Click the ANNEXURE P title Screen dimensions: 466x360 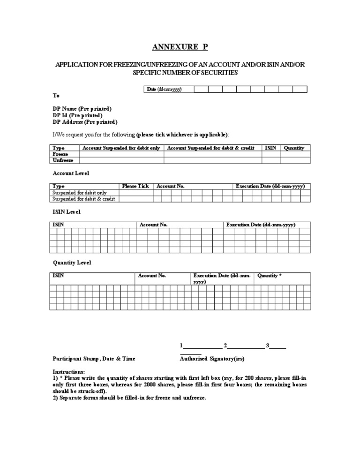(180, 47)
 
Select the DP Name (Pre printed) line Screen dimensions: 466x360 (82, 109)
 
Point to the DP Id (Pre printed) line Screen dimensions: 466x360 (77, 115)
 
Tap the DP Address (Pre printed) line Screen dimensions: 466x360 (85, 122)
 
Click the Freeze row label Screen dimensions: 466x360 (61, 154)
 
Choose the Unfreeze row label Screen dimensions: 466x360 (63, 160)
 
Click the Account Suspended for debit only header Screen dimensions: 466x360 (121, 148)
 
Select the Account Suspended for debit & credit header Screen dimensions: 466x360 (210, 148)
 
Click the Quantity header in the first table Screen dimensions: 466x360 (294, 148)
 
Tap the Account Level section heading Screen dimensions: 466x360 (71, 173)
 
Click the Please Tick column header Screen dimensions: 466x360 (135, 186)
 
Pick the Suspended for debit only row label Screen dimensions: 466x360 (80, 193)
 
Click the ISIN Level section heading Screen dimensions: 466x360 (66, 212)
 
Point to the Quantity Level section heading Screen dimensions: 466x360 (72, 263)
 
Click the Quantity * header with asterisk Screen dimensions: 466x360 (270, 276)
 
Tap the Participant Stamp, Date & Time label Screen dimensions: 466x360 (94, 359)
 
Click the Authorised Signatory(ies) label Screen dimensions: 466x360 (212, 359)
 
